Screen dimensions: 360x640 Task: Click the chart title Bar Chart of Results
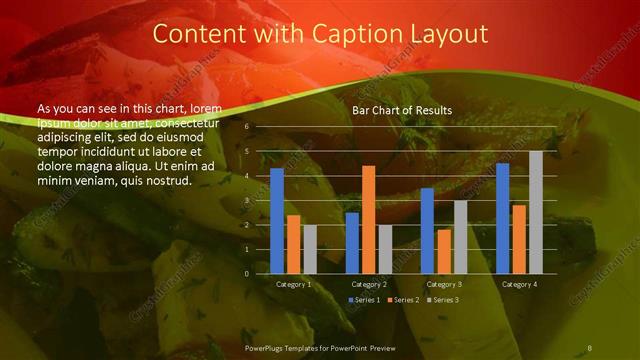point(401,110)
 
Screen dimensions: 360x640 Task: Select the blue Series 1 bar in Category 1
point(277,221)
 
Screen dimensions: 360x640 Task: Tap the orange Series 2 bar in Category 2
point(369,219)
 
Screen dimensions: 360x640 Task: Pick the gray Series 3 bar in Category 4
point(536,212)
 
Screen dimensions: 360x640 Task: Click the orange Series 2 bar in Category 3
point(444,251)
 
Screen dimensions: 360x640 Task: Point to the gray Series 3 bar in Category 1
point(310,249)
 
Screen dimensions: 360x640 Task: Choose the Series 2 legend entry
point(406,300)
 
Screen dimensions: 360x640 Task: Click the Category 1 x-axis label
point(294,284)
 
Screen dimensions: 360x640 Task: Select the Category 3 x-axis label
point(444,284)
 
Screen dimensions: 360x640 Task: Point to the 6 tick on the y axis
point(247,127)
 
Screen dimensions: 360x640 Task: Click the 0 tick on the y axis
point(247,274)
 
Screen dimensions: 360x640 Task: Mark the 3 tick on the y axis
point(247,201)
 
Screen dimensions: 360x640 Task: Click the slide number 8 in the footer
point(590,345)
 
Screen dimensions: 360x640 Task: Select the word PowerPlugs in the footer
point(267,345)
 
